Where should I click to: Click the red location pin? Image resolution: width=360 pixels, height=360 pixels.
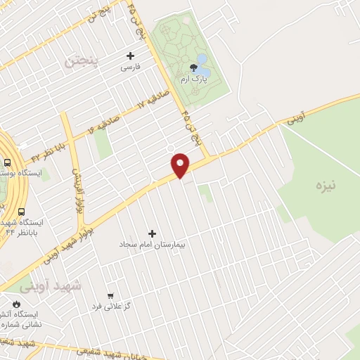coord(181,165)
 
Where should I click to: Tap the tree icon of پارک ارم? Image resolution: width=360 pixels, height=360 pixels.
coord(193,68)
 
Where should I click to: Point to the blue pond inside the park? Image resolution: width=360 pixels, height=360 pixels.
coord(202,60)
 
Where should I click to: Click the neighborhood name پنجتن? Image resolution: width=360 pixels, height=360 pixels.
coord(83,61)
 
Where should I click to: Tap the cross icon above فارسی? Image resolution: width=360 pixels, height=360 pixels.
coord(130,56)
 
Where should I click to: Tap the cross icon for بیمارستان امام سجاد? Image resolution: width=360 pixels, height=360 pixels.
coord(152,233)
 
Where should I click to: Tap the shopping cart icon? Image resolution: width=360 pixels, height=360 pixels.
coord(110,295)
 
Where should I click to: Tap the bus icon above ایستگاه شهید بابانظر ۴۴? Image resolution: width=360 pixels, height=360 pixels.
coord(21,211)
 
